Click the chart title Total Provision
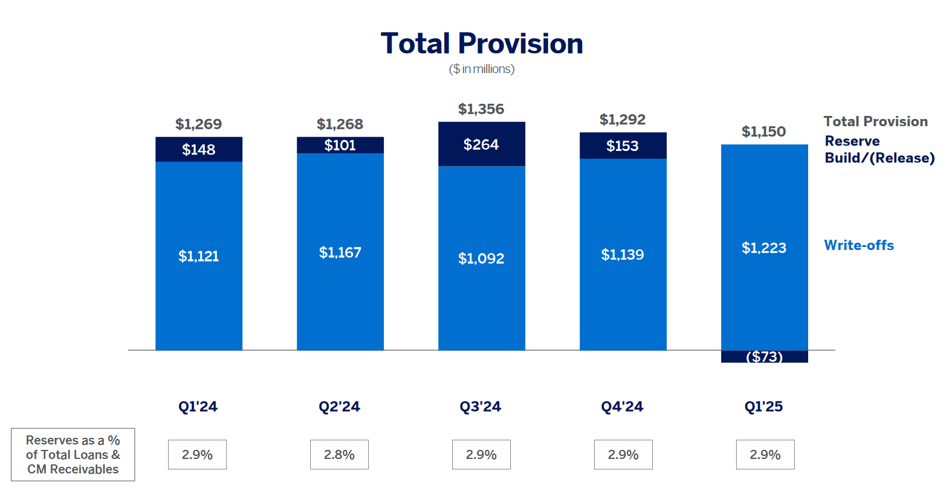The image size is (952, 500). coord(482,43)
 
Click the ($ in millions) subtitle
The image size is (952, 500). coord(482,69)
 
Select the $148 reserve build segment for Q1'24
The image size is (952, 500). coord(199,149)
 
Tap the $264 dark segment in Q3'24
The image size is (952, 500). coord(481,144)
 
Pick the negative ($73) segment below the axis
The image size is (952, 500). coord(764,357)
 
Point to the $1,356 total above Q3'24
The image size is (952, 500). coord(481,109)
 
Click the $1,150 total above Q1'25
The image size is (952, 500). coord(764,132)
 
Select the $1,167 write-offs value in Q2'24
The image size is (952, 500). coord(340,252)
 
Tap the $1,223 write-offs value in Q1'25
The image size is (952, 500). coord(764,248)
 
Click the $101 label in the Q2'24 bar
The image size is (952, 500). coord(340,145)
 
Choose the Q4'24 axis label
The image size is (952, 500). coord(622,406)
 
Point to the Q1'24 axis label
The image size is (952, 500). coord(198,406)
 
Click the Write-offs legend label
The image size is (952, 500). coord(859,245)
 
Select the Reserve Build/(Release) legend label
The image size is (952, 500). coord(879,149)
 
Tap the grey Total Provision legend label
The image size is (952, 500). coord(875,121)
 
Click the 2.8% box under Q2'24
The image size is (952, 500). coord(339,455)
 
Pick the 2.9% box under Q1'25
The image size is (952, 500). coord(765,455)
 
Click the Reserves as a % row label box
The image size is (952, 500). coord(73,455)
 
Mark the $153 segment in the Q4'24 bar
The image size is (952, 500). coord(623,146)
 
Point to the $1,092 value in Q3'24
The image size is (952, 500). coord(481,258)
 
